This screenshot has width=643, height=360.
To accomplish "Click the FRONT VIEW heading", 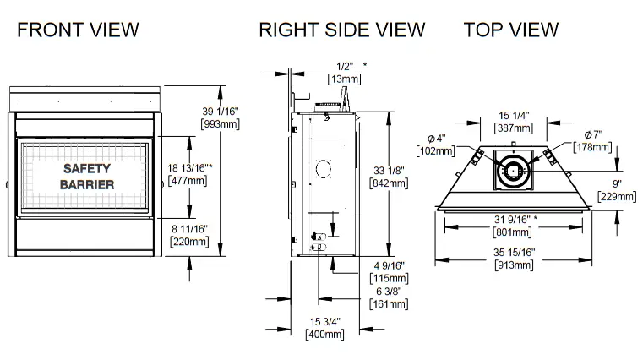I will [78, 30].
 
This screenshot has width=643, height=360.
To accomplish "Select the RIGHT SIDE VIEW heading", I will [341, 30].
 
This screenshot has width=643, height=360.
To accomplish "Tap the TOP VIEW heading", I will [510, 30].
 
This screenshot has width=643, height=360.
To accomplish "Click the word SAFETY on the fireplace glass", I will [86, 168].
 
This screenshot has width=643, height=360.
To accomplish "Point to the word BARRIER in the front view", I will [86, 184].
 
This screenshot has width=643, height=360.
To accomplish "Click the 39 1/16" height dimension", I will [221, 111].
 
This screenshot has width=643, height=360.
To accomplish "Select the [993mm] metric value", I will [221, 124].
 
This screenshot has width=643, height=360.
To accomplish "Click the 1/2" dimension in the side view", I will [344, 65].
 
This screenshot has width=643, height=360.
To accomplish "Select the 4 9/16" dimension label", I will [390, 266].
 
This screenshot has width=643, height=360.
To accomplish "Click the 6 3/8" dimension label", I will [390, 291].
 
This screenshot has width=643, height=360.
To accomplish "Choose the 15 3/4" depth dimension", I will [324, 321].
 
